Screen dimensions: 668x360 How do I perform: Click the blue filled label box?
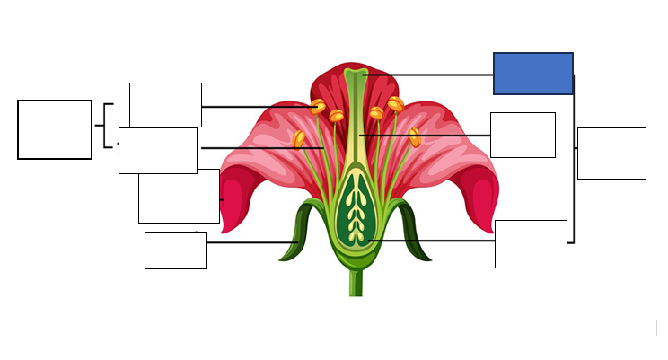click(x=532, y=73)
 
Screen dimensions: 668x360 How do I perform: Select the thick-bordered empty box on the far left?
click(x=55, y=129)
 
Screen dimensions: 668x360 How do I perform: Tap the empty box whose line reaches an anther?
click(x=165, y=105)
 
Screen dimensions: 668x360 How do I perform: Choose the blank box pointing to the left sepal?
click(x=175, y=250)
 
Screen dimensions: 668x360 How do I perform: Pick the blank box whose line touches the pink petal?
click(x=179, y=196)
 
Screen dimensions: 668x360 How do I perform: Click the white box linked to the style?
click(x=523, y=135)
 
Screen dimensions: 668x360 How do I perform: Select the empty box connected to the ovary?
click(x=531, y=243)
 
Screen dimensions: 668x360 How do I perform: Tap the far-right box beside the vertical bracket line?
click(x=611, y=153)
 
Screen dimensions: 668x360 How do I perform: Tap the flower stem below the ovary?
click(x=356, y=283)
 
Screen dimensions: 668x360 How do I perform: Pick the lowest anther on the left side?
click(x=299, y=139)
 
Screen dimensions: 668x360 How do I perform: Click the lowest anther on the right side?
click(x=415, y=137)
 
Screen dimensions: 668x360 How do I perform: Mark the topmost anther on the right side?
click(x=395, y=104)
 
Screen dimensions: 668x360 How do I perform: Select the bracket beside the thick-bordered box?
click(x=106, y=126)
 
